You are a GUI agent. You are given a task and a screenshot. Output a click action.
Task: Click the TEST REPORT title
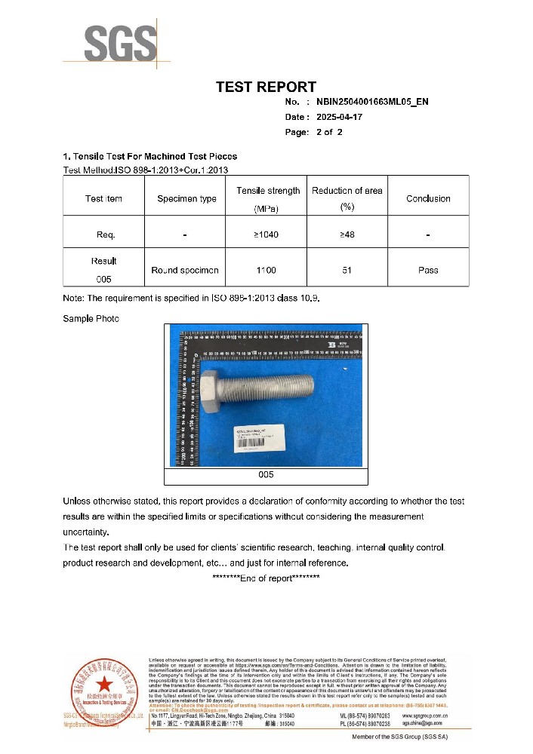pyautogui.click(x=266, y=87)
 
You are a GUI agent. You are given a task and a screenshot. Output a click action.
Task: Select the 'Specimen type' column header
pyautogui.click(x=186, y=199)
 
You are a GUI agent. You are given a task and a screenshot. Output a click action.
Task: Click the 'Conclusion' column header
pyautogui.click(x=428, y=199)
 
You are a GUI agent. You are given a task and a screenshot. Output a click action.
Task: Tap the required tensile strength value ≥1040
pyautogui.click(x=266, y=235)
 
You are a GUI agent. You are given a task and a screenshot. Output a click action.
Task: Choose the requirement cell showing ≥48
pyautogui.click(x=347, y=235)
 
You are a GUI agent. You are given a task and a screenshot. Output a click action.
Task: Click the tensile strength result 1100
pyautogui.click(x=266, y=270)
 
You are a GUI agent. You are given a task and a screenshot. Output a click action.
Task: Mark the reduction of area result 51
pyautogui.click(x=347, y=270)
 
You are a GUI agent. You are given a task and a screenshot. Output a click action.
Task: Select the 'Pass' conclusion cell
pyautogui.click(x=428, y=270)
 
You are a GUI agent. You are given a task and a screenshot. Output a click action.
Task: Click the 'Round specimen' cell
pyautogui.click(x=185, y=270)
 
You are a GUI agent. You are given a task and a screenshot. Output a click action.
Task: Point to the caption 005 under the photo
pyautogui.click(x=266, y=475)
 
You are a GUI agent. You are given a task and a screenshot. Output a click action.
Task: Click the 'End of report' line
pyautogui.click(x=266, y=578)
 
